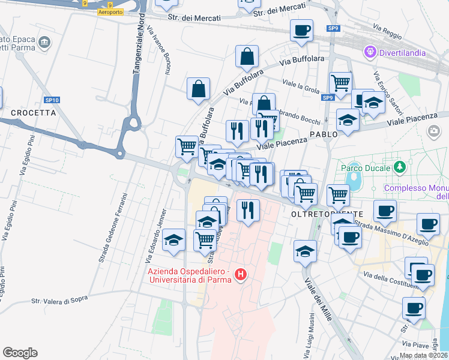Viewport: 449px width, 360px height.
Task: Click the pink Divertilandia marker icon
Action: pyautogui.click(x=370, y=53)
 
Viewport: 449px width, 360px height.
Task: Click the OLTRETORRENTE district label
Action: pyautogui.click(x=327, y=214)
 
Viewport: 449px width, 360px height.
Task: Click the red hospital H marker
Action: pyautogui.click(x=241, y=275)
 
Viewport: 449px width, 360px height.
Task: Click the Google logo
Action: pyautogui.click(x=20, y=353)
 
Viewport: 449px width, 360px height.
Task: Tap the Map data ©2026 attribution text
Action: pyautogui.click(x=423, y=355)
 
